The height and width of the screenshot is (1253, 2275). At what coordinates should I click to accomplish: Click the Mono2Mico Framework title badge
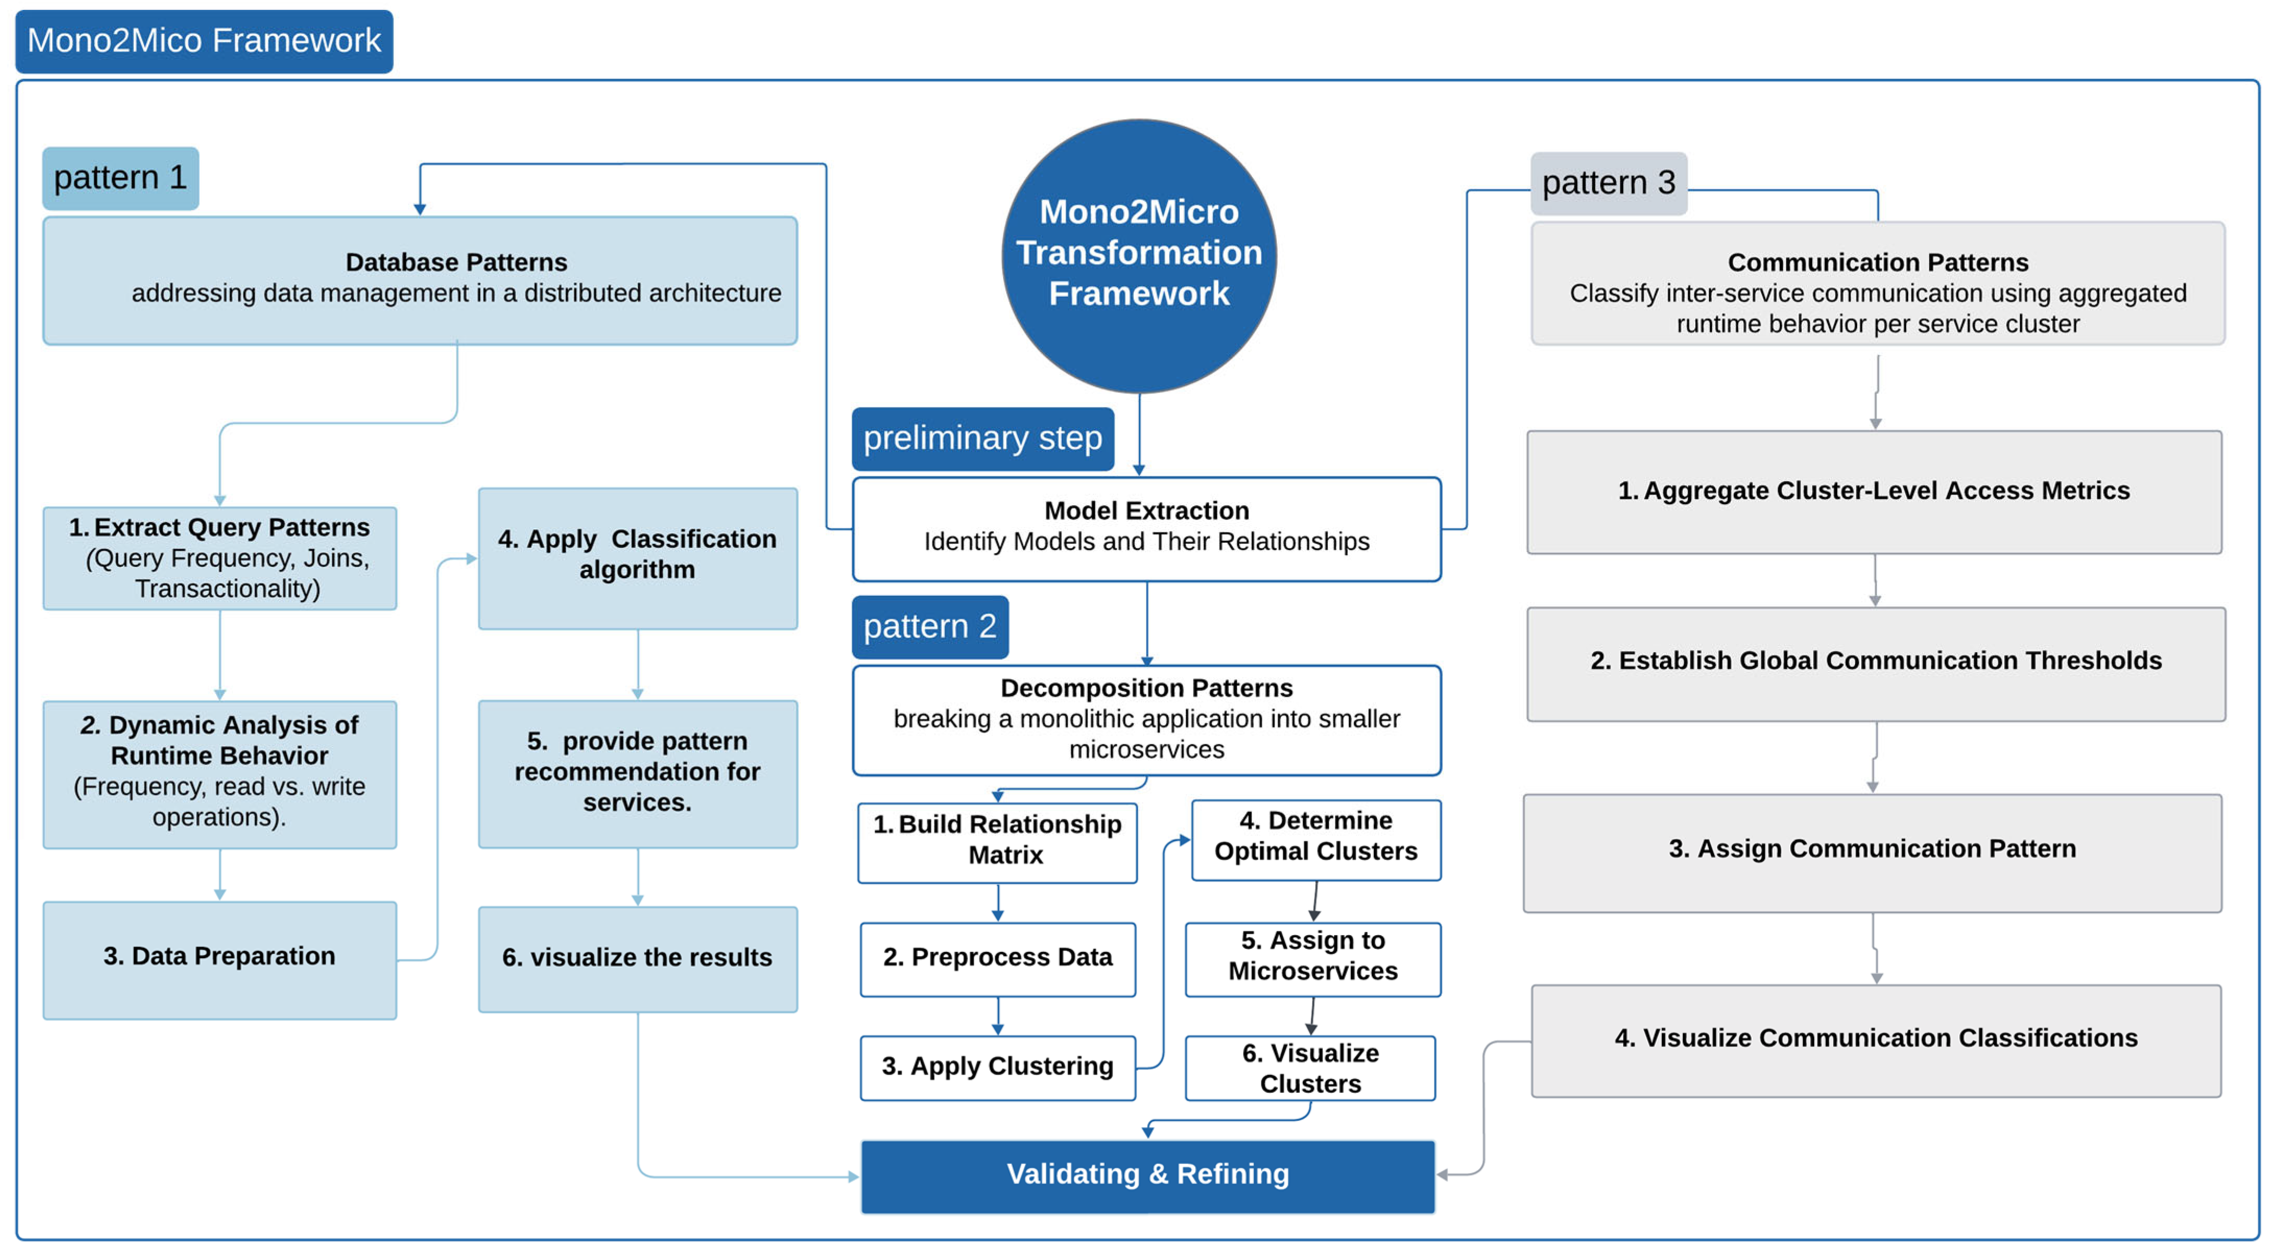click(x=204, y=41)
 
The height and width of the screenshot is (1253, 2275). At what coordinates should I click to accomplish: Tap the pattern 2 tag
click(x=929, y=626)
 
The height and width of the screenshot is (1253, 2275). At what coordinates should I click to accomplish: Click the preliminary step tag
click(x=982, y=438)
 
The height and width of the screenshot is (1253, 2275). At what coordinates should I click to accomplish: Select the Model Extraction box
click(x=1146, y=528)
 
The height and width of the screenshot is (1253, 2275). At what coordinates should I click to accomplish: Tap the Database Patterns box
click(x=421, y=280)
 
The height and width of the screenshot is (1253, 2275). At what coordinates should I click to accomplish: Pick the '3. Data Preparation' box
click(x=219, y=959)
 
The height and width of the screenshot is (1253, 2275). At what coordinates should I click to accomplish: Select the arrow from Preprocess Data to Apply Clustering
click(x=998, y=1017)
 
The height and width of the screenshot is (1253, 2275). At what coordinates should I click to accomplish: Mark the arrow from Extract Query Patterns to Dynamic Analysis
click(x=220, y=654)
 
